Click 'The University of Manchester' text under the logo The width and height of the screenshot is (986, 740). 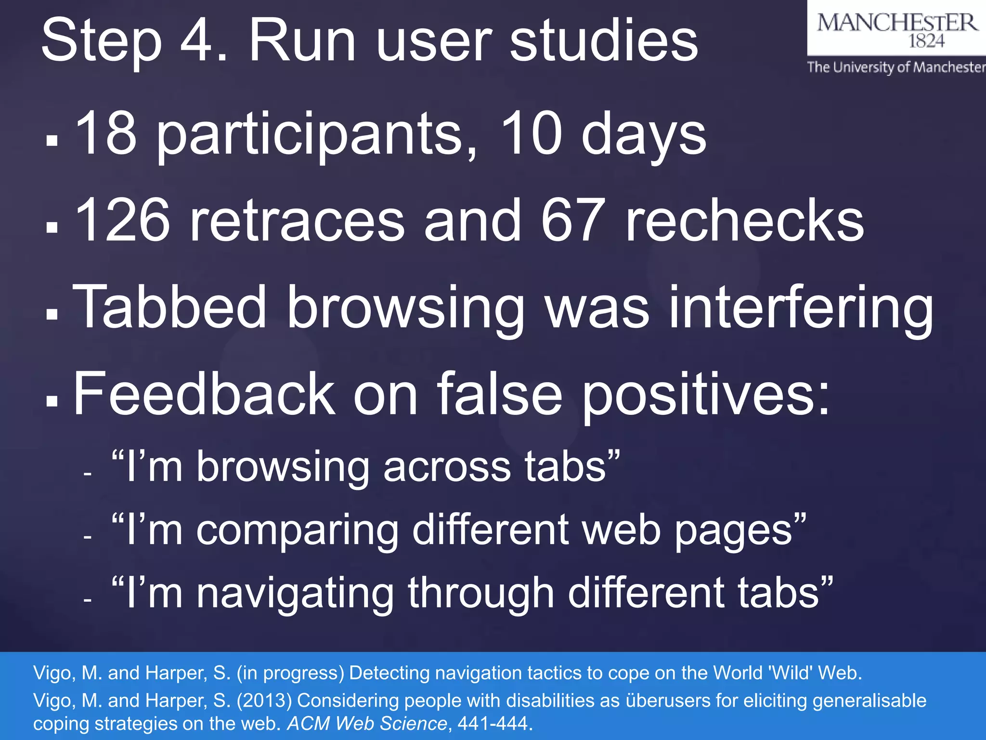point(896,67)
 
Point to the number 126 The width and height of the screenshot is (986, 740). point(123,221)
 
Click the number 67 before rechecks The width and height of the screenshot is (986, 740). point(573,221)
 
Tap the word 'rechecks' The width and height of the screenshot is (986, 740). point(744,221)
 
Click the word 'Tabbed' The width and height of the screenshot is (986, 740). point(169,306)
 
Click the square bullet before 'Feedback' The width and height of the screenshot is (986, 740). point(52,400)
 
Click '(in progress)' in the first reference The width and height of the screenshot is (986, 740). point(290,673)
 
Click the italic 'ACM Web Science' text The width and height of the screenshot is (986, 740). point(367,724)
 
